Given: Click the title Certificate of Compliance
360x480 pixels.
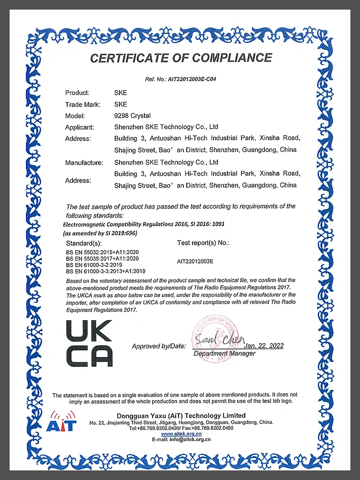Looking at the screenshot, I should (x=181, y=58).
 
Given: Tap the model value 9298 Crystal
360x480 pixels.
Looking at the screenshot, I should (x=132, y=116).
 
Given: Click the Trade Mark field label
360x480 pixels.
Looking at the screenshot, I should (x=82, y=104).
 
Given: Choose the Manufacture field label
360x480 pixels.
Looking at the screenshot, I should (x=84, y=163).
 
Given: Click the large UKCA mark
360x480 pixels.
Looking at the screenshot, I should (x=89, y=343).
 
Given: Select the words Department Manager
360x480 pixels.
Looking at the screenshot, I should (x=224, y=354).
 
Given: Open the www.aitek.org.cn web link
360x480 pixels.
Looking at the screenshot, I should (x=181, y=434).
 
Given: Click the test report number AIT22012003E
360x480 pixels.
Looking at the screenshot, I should (x=195, y=261).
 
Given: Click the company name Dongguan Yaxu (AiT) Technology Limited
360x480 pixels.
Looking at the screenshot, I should (x=181, y=415).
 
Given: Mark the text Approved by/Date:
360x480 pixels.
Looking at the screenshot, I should (x=158, y=346).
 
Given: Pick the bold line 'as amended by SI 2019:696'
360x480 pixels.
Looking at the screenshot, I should (x=100, y=233).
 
